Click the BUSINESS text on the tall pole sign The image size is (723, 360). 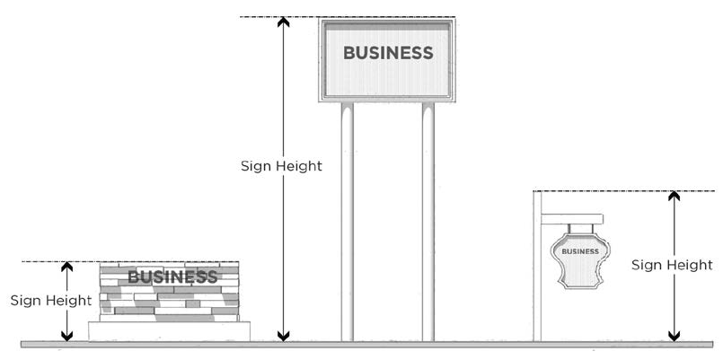[x=388, y=53]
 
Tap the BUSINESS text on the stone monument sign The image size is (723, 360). [x=172, y=277]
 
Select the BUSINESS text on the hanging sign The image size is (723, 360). [x=579, y=251]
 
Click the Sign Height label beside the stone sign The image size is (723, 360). [x=51, y=300]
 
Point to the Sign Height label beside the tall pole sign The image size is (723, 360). [x=281, y=166]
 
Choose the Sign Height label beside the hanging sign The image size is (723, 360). [x=672, y=265]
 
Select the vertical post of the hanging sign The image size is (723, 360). [x=537, y=269]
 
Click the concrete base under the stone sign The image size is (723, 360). [x=169, y=331]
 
